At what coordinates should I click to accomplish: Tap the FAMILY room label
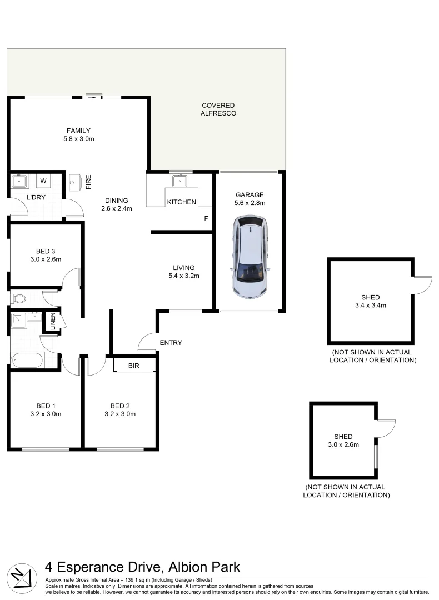(78, 131)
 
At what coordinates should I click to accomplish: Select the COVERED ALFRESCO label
(218, 109)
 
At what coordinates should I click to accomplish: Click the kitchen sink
(179, 181)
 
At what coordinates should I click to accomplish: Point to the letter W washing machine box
(43, 181)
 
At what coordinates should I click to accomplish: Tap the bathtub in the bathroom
(27, 360)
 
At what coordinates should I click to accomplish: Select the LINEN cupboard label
(53, 322)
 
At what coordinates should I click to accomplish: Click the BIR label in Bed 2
(133, 365)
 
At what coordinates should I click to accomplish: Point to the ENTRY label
(171, 343)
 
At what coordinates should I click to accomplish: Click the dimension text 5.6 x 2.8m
(250, 203)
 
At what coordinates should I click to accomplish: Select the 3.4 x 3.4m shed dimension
(370, 306)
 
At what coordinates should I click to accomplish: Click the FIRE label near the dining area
(88, 182)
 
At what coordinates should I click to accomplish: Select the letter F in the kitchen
(206, 218)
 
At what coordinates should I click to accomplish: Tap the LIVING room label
(183, 268)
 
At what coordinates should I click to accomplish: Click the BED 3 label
(46, 251)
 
